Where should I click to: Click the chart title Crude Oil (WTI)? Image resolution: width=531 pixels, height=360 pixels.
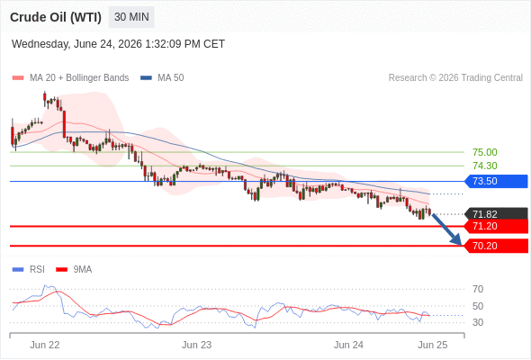[x=56, y=17]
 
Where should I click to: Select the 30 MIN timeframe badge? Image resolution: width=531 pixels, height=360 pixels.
[x=131, y=17]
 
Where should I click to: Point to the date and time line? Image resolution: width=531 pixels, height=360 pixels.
[x=118, y=44]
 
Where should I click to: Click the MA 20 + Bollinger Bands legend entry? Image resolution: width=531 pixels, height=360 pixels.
[x=70, y=78]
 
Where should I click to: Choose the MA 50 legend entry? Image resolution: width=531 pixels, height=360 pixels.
[x=162, y=78]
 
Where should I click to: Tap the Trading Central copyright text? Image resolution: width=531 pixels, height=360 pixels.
[x=455, y=78]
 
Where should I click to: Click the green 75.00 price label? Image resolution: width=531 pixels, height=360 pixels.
[x=485, y=152]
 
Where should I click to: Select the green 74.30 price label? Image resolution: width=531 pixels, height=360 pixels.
[x=485, y=166]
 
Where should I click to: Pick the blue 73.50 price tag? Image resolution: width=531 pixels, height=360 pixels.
[x=496, y=181]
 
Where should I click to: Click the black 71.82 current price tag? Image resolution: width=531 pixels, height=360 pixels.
[x=496, y=214]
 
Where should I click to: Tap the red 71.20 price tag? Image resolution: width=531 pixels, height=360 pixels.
[x=496, y=226]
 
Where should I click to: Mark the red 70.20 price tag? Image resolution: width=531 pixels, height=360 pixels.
[x=496, y=246]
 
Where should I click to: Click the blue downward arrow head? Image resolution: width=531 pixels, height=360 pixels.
[x=457, y=240]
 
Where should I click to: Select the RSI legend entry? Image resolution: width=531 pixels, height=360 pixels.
[x=29, y=270]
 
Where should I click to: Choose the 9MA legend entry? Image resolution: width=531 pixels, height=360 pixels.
[x=74, y=270]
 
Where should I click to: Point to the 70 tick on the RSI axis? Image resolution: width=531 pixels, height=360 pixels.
[x=478, y=289]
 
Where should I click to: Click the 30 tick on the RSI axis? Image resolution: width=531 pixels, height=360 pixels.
[x=478, y=322]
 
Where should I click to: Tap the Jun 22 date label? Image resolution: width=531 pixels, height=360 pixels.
[x=45, y=345]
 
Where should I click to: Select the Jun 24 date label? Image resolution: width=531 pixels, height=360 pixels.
[x=348, y=345]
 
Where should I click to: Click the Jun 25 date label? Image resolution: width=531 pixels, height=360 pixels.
[x=433, y=345]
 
